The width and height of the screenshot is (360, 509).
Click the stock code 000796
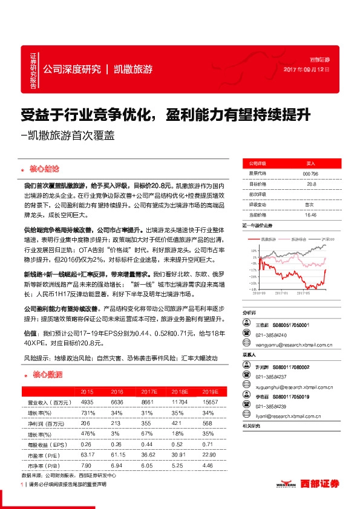point(311,173)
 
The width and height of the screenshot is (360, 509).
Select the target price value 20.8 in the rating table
point(311,184)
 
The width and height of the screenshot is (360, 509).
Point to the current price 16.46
point(311,215)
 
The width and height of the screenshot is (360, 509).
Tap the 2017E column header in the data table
point(145,392)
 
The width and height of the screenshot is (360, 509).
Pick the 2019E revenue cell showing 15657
point(211,402)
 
